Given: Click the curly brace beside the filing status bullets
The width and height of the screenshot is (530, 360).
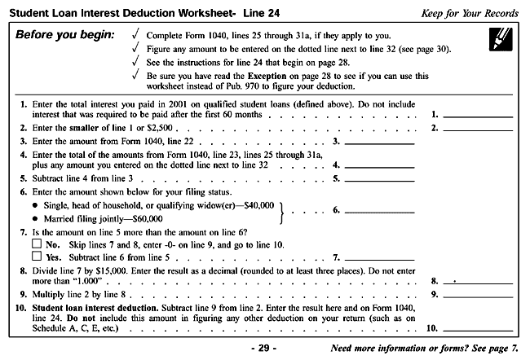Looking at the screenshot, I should coord(280,211).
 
